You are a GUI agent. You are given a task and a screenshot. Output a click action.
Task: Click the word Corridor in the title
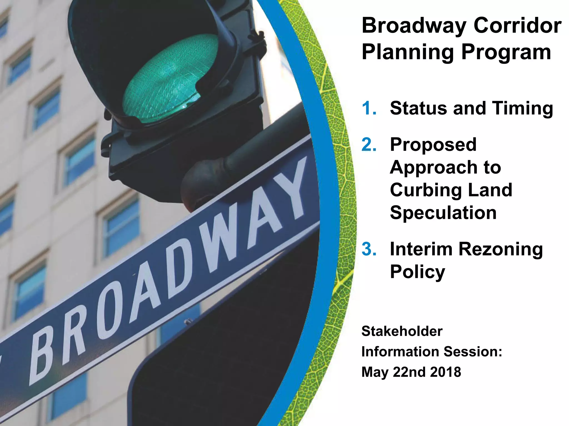tap(517, 26)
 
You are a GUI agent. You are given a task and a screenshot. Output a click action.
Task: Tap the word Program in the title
tap(506, 53)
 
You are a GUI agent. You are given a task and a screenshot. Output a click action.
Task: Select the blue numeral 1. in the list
tap(369, 108)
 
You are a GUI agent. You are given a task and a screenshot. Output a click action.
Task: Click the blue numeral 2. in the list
tap(369, 145)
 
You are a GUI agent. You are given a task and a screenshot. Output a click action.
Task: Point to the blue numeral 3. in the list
tap(369, 249)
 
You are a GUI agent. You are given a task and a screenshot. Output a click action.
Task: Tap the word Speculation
tap(443, 213)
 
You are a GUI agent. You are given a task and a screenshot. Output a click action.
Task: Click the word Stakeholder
tap(402, 331)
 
